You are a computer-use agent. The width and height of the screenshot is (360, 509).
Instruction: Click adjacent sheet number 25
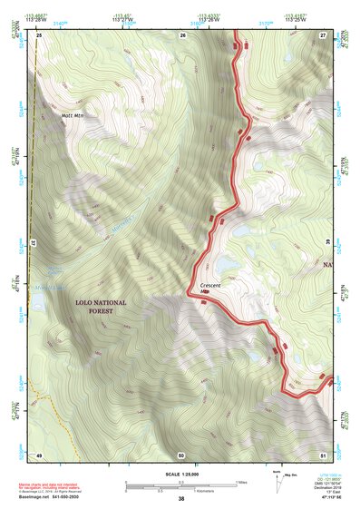(x=39, y=34)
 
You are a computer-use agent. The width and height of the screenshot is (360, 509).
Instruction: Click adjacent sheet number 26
(x=182, y=34)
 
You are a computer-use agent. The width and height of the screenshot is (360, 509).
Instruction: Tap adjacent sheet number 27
(x=323, y=34)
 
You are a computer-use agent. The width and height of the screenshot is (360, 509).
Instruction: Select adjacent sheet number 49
(x=39, y=455)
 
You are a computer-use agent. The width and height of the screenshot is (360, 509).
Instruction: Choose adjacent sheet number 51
(x=323, y=455)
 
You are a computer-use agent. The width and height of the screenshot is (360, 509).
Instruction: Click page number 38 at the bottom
(x=181, y=499)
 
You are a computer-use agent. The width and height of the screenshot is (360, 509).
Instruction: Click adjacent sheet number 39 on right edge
(x=327, y=243)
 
